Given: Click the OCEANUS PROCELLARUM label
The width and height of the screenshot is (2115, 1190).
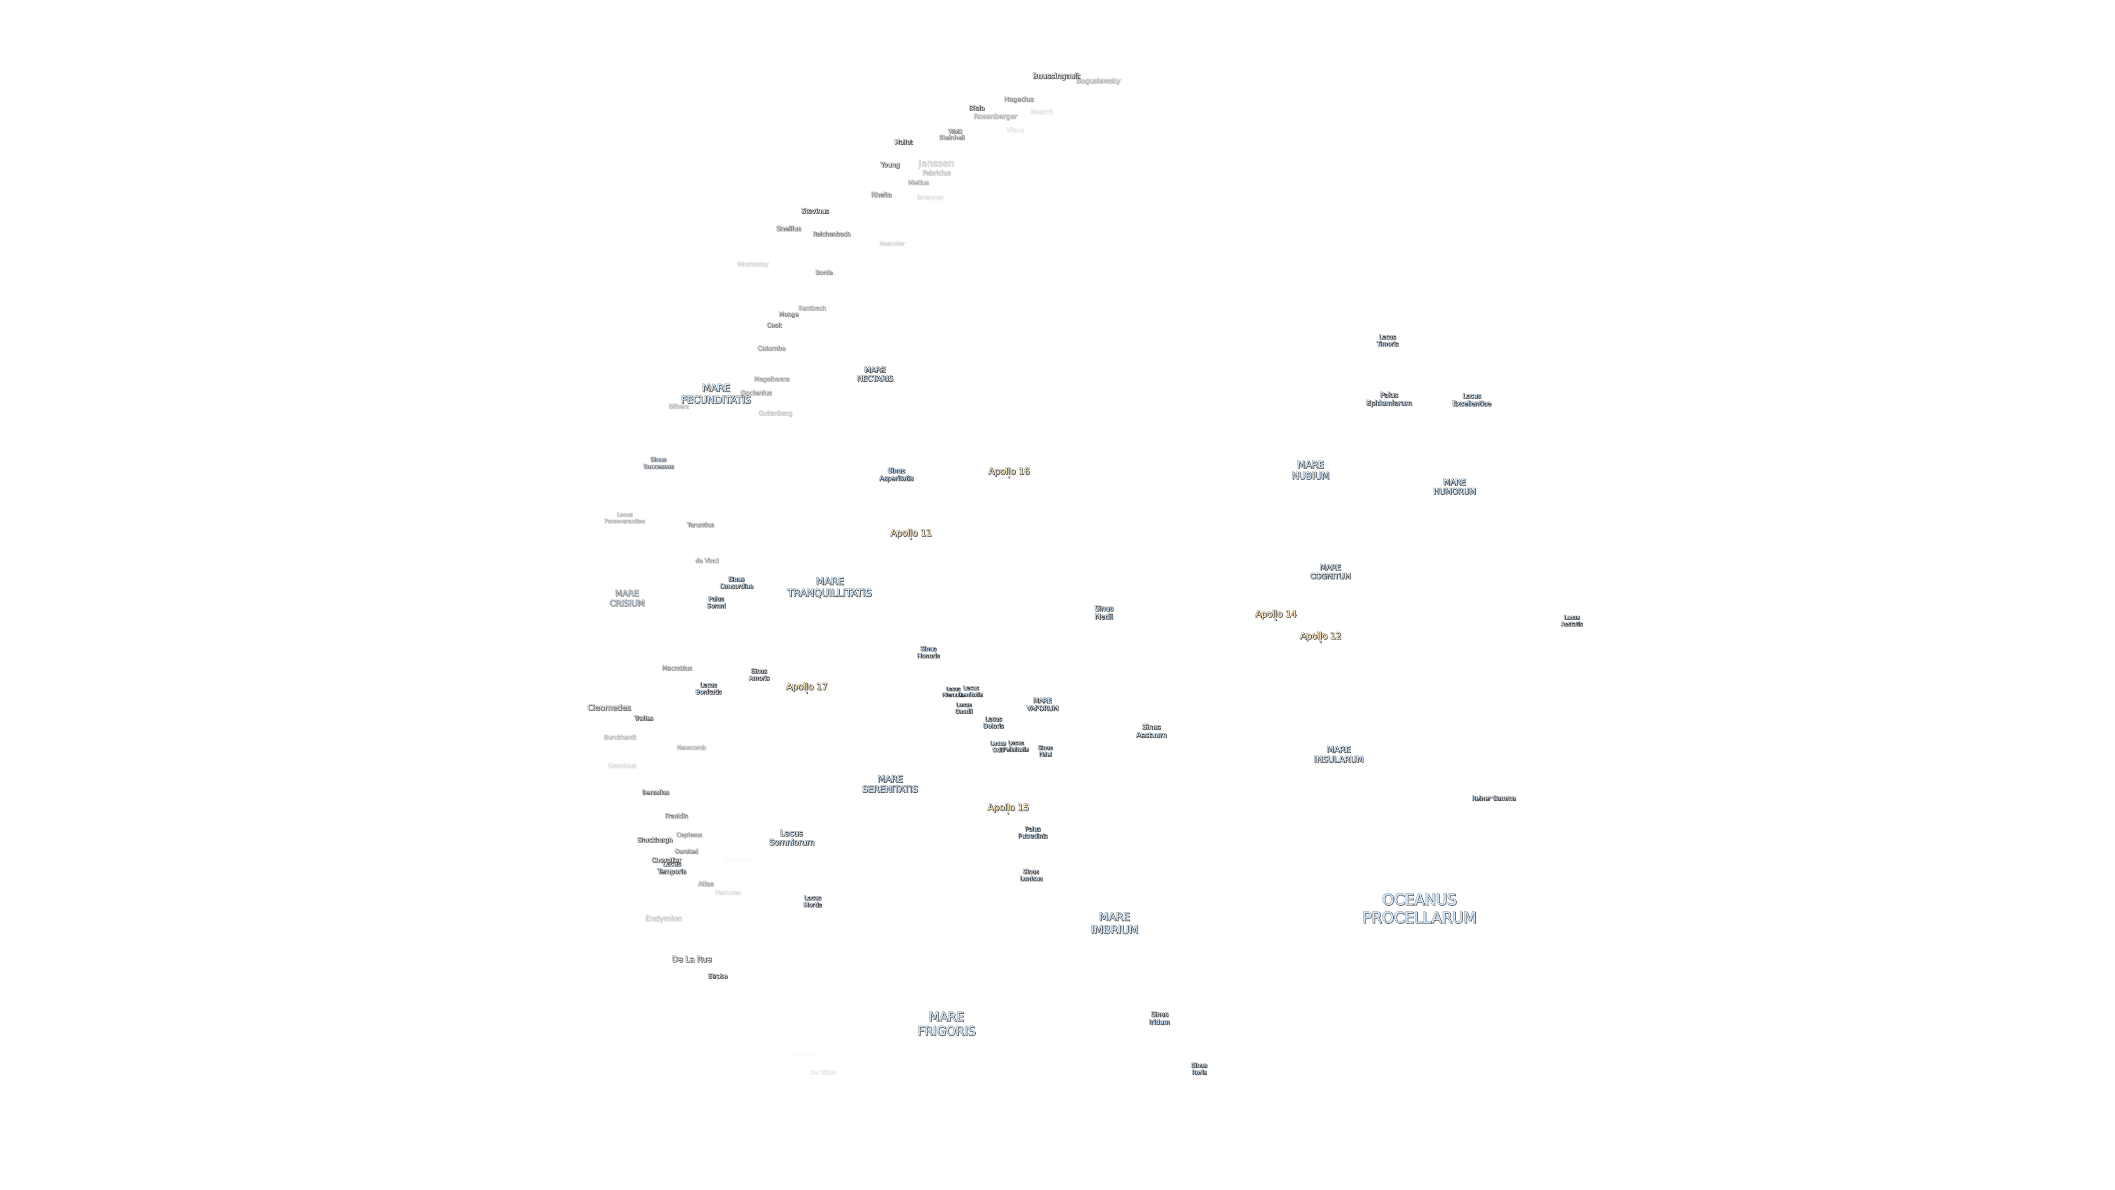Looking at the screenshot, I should tap(1419, 908).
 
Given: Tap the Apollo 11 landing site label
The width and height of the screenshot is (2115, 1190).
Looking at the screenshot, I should tap(911, 533).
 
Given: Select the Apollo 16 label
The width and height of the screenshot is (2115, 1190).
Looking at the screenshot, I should tap(1008, 471).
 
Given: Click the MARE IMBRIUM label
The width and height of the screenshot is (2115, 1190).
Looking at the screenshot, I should tap(1114, 923).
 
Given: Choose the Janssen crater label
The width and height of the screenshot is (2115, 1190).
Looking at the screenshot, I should tap(935, 163).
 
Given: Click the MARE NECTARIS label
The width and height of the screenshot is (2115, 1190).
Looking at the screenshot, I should tap(874, 375).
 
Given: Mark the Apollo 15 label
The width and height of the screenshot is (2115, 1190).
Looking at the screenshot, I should tap(1008, 807).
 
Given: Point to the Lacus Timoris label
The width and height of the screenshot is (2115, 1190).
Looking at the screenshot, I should tap(1387, 340).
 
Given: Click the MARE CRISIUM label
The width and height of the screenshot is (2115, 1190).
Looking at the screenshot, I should tap(626, 598).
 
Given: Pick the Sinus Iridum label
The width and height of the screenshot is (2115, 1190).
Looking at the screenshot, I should tap(1158, 1018).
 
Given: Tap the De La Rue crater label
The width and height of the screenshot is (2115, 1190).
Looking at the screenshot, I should tap(691, 959).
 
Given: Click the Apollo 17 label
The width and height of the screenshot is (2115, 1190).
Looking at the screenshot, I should tap(806, 686).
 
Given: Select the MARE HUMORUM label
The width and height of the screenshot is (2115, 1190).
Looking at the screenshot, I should tap(1454, 487).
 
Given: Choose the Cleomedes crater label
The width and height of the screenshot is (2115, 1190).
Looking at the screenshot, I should tap(608, 708).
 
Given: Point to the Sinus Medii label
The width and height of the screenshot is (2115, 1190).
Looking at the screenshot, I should tap(1103, 613).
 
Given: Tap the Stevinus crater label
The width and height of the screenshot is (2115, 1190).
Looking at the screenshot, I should tap(814, 211).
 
